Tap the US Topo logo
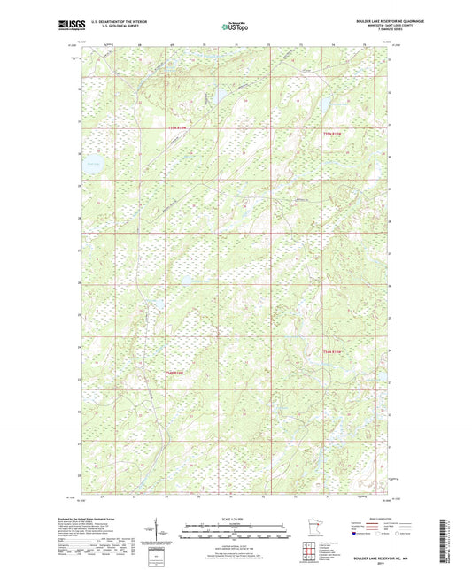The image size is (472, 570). (x=235, y=27)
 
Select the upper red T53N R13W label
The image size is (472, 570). (x=178, y=127)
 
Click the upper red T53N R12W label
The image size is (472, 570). (x=331, y=133)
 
